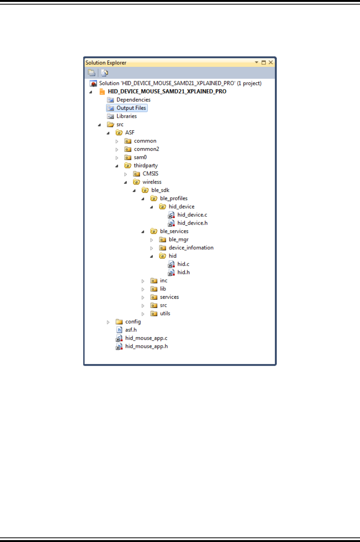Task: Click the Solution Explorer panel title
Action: [106, 63]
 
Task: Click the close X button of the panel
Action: [271, 62]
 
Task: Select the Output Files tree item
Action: [131, 108]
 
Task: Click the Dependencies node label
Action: [133, 100]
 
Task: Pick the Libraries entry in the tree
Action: [127, 116]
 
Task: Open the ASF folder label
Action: [130, 133]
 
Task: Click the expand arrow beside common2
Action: [117, 149]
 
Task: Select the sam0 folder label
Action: [140, 157]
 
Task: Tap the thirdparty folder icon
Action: [128, 166]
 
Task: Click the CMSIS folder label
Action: [151, 174]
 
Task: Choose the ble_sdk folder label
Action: [160, 190]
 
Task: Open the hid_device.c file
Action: [192, 215]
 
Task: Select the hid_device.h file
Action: [192, 223]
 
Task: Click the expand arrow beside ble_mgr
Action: [152, 240]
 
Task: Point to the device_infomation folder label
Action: [191, 248]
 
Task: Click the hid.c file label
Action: [183, 264]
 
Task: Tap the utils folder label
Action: [165, 314]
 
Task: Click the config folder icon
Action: [119, 322]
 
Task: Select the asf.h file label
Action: [131, 330]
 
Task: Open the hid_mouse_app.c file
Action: [146, 338]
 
